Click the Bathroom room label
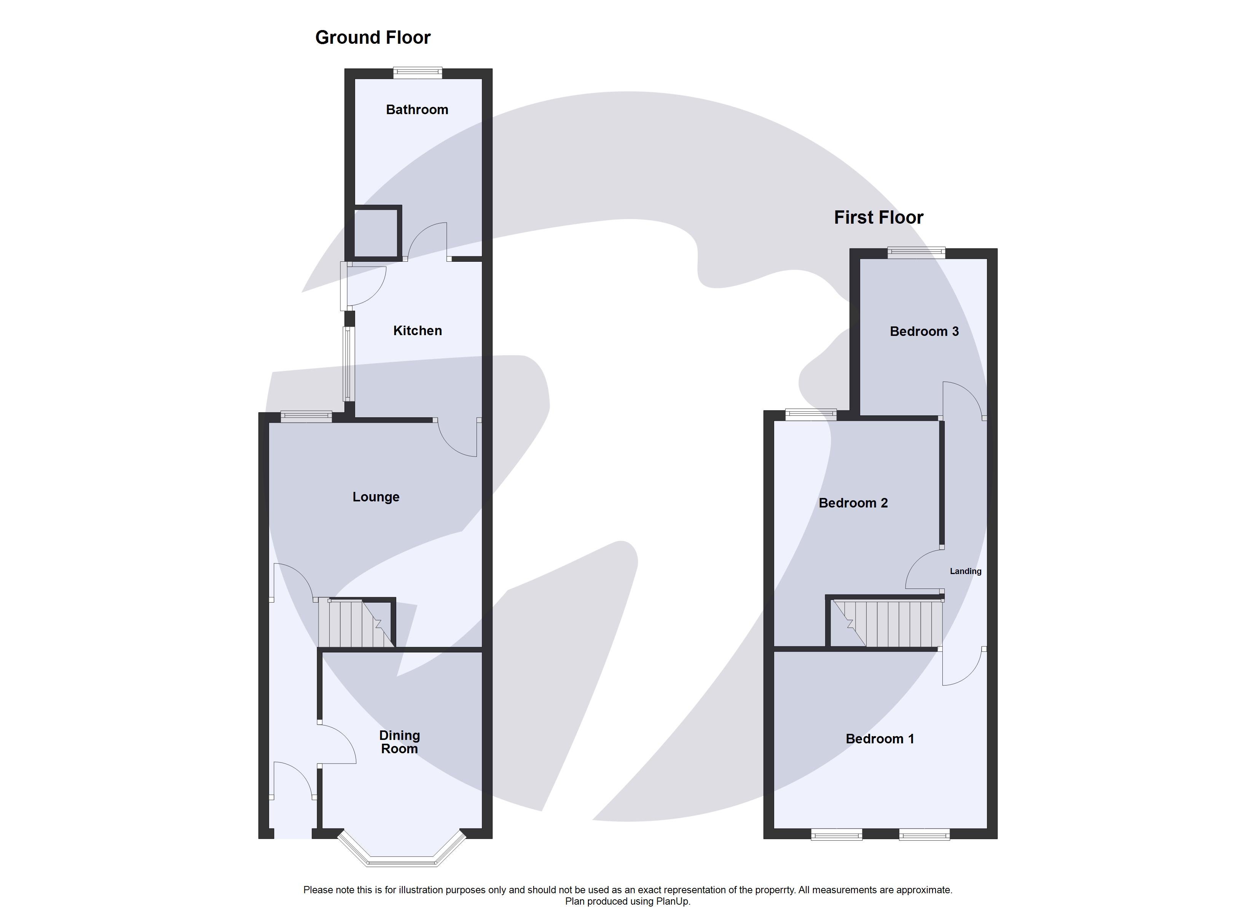tap(417, 110)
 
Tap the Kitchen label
tap(418, 331)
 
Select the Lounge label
tap(376, 497)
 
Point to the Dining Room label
tap(399, 742)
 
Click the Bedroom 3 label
tap(924, 331)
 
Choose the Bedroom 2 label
tap(853, 503)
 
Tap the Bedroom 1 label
tap(880, 739)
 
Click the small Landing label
tap(965, 571)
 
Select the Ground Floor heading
tap(373, 37)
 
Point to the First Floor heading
tap(878, 217)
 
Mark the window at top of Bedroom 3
tap(916, 253)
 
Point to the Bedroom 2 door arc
tap(924, 570)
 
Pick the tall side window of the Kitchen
tap(347, 364)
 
